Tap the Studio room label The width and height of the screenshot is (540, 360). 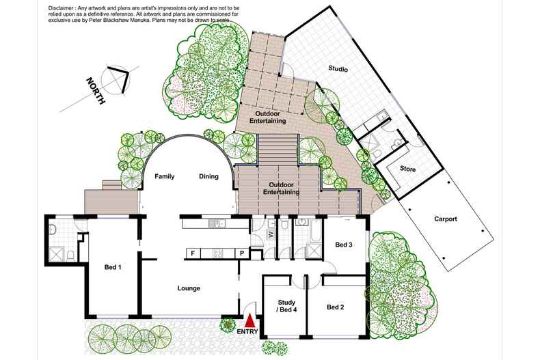coord(338,69)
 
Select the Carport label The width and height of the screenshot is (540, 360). coord(446,219)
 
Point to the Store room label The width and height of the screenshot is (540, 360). coord(408,169)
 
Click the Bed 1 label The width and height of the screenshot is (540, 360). coord(113,267)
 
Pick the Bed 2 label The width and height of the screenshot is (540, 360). coord(335,307)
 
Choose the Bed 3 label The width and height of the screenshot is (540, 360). coord(344,245)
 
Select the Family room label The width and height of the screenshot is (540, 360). coord(165,176)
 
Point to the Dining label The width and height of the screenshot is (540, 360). coord(208,176)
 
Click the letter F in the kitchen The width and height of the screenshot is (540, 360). coord(193,253)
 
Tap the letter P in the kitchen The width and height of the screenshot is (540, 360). coord(241,253)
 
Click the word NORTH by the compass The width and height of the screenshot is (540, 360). coord(95,91)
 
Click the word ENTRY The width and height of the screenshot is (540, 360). coord(247,333)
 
